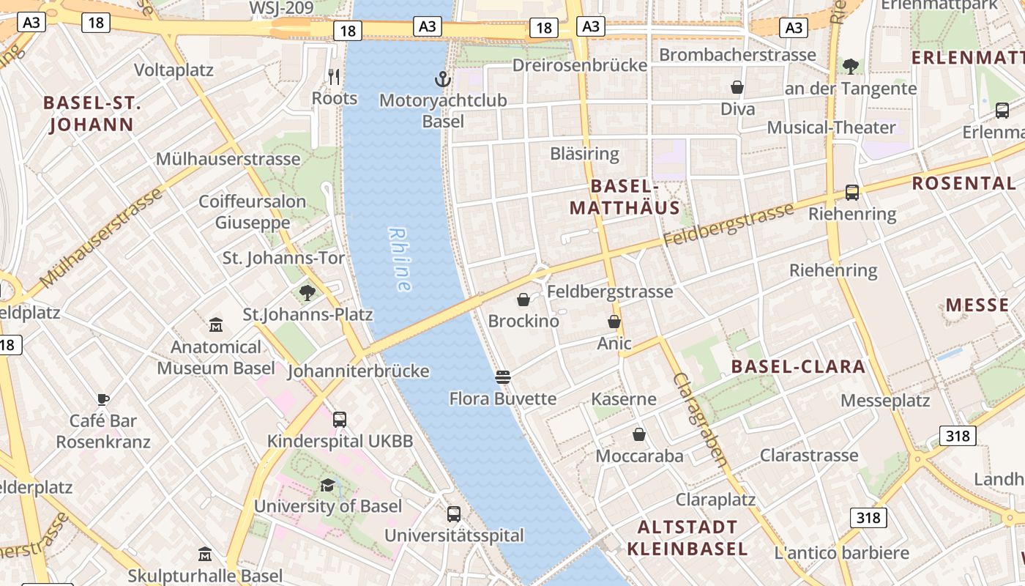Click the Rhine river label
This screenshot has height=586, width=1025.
[399, 259]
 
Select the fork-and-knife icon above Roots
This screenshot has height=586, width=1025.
[334, 76]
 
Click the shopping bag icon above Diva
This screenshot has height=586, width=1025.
[737, 87]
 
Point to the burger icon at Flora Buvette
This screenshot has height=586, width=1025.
[502, 377]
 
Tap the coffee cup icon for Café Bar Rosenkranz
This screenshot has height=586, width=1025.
[103, 399]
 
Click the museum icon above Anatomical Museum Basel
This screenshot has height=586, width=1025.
[216, 324]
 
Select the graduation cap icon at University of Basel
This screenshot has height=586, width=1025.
[327, 485]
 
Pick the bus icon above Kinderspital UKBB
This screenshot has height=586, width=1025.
[340, 420]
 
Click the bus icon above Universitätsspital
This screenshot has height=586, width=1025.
[454, 514]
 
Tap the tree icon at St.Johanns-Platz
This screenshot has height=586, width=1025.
[307, 293]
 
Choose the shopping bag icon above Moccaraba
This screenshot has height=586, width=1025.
[639, 434]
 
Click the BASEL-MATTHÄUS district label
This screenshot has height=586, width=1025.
[625, 196]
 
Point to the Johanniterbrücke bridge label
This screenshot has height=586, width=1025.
[358, 371]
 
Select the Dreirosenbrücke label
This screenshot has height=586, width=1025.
[580, 65]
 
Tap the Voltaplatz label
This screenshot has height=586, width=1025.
[174, 70]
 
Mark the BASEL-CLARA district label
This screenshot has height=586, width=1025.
[798, 366]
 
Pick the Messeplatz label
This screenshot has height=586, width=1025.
[884, 401]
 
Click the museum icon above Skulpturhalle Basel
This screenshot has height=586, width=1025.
[205, 554]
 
